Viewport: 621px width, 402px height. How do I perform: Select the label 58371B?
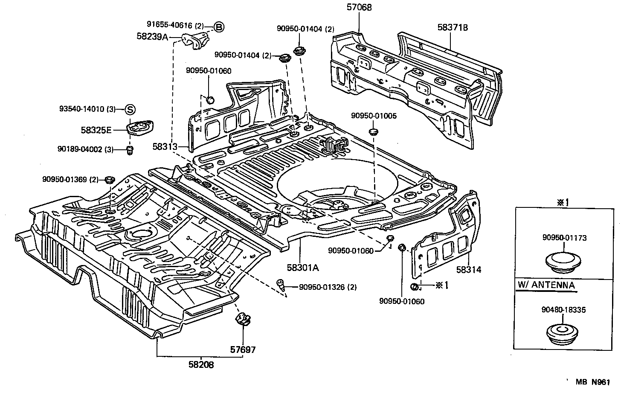453,28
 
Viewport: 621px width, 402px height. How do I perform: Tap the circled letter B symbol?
218,27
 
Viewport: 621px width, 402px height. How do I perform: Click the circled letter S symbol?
130,109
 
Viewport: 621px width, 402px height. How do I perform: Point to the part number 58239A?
152,37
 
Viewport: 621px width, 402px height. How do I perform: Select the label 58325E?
96,129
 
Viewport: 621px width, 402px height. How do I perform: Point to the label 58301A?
303,268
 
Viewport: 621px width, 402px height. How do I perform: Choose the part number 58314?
468,270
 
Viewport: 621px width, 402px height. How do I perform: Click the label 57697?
243,350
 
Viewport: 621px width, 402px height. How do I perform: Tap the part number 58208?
201,365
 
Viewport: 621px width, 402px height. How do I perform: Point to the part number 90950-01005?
374,116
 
